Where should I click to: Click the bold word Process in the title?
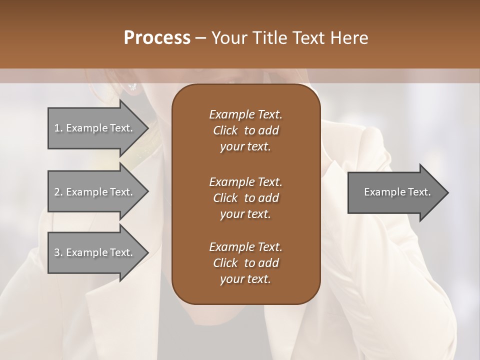(x=157, y=38)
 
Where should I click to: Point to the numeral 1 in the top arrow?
(x=56, y=128)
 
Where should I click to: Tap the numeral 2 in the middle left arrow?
(x=57, y=192)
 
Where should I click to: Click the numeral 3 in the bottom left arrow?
(x=57, y=252)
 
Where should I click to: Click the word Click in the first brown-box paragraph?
(x=225, y=130)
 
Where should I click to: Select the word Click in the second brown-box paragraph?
(x=225, y=198)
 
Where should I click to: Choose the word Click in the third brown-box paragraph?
(x=225, y=263)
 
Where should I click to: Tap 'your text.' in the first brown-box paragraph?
(x=245, y=147)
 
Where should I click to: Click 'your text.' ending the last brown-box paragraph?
(x=245, y=279)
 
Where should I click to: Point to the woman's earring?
(x=132, y=87)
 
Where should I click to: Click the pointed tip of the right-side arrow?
(x=447, y=192)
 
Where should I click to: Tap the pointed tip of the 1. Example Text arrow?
(x=147, y=128)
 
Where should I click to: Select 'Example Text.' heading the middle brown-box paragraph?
(x=245, y=181)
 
